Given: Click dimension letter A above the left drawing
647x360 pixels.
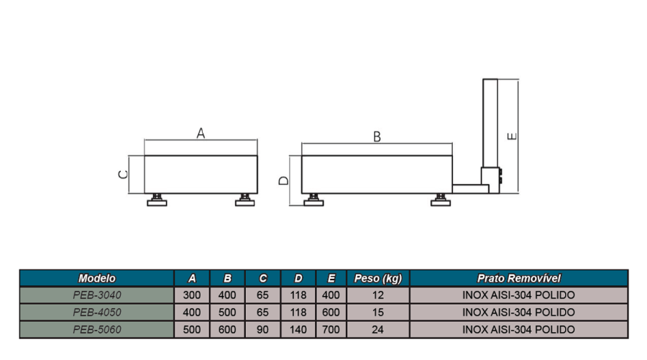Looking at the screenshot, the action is [201, 133].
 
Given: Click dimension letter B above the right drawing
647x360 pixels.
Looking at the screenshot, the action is [377, 137].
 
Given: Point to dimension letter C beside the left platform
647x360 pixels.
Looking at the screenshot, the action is [123, 175].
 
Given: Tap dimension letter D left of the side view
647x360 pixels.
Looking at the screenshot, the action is [284, 180].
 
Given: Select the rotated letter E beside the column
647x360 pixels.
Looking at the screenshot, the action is [512, 136].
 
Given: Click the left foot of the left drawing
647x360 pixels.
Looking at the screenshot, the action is [157, 200].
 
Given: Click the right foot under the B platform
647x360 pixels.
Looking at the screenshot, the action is [440, 200].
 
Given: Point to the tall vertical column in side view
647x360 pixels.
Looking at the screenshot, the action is [490, 123].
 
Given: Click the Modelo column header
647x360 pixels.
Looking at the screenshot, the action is [97, 278].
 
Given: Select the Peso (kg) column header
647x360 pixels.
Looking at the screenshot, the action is [378, 278].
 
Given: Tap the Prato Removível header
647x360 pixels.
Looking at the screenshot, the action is [518, 278].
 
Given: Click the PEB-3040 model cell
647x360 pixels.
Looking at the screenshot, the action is [97, 295].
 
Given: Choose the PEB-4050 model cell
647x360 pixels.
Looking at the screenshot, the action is [97, 312].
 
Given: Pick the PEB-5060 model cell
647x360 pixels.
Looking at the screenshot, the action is [97, 330].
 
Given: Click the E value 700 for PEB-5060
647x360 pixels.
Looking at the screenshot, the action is [331, 330].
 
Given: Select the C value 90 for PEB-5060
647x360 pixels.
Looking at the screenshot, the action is [262, 330].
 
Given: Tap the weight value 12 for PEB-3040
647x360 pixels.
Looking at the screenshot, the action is [378, 295].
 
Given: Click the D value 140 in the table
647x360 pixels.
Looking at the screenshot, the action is [298, 330].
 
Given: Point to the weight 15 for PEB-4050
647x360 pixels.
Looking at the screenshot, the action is [378, 312].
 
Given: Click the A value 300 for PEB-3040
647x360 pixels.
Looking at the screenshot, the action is [192, 295].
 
